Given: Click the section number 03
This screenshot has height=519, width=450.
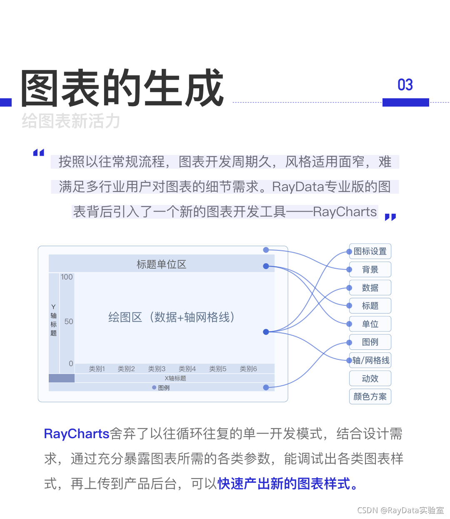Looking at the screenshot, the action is (405, 85).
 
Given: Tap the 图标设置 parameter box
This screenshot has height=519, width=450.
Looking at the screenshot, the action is (370, 251).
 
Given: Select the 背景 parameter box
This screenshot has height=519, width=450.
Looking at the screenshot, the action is (370, 269).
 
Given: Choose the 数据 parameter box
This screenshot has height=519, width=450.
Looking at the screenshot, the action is (370, 288).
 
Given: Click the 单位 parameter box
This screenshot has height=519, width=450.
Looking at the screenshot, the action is (370, 324).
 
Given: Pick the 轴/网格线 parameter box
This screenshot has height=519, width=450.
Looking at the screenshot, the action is (370, 360).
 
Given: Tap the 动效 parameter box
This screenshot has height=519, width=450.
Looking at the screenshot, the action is (370, 379).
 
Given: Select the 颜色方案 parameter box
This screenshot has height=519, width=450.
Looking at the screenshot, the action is (370, 397).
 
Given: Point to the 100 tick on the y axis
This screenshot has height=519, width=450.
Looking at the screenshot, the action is (67, 277).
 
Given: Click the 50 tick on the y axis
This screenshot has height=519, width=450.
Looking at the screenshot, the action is (69, 322).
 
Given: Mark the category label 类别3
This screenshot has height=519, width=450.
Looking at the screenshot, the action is (157, 369).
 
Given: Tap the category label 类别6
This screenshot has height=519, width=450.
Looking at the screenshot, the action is (248, 369).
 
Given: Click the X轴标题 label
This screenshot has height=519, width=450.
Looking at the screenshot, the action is (175, 378).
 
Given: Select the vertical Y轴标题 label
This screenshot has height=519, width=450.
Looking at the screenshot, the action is (53, 320).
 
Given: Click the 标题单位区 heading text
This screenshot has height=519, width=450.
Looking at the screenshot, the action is (161, 264).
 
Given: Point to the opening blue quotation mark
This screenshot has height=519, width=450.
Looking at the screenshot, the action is (39, 152).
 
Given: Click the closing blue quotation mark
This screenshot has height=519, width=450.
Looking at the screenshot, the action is (390, 217).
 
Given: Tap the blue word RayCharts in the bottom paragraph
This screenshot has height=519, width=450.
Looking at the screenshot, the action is (77, 434).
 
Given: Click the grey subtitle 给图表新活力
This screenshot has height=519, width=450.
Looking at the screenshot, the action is (71, 122).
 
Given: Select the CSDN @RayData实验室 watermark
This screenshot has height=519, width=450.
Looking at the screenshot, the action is (400, 510).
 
